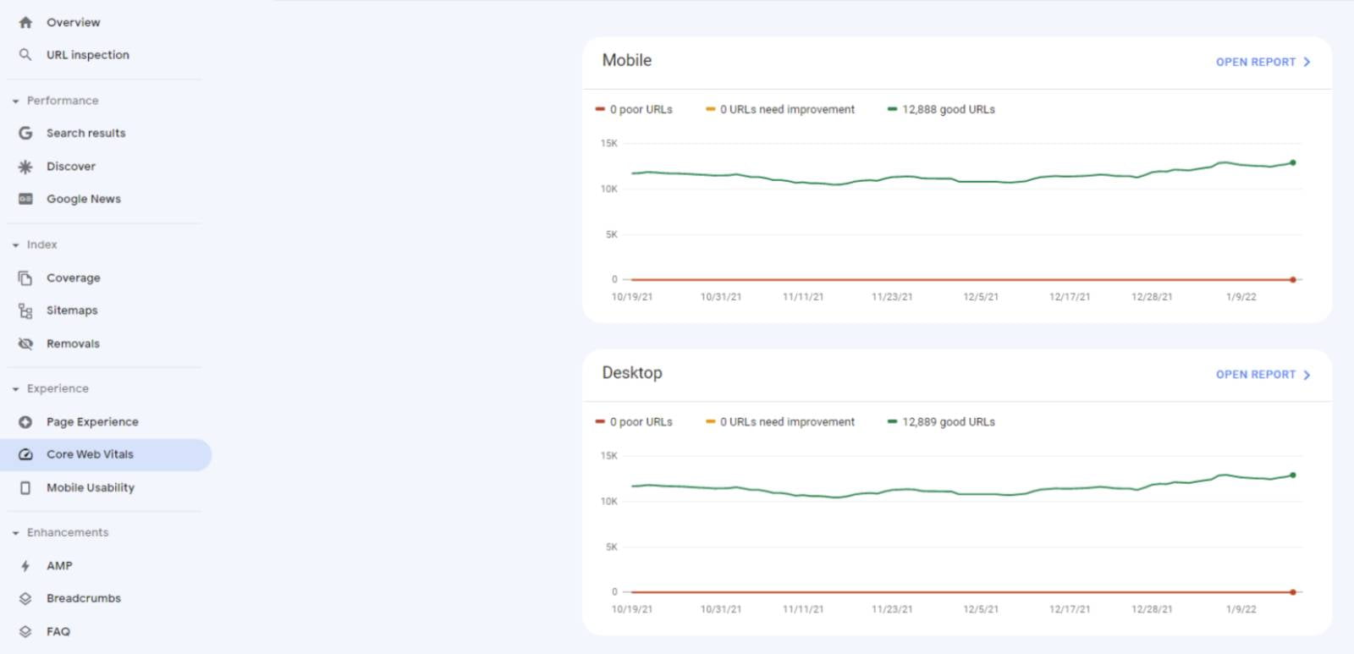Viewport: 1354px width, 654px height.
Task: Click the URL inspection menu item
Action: [87, 55]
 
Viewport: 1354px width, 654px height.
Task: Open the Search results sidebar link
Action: [85, 133]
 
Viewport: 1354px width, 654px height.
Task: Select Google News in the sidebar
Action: [83, 199]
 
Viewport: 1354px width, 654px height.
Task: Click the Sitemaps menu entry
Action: [72, 311]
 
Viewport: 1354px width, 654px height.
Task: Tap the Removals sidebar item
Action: [73, 343]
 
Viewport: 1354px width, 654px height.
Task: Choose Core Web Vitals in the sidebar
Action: [90, 454]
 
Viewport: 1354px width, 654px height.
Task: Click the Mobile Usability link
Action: [90, 487]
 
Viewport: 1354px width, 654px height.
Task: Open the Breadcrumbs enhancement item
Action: [83, 598]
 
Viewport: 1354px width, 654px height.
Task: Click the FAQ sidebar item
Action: [58, 631]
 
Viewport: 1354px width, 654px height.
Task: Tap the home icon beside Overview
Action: [25, 23]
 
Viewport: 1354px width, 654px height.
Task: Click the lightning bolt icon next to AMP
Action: [25, 566]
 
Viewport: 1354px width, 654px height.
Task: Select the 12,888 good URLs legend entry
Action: [947, 109]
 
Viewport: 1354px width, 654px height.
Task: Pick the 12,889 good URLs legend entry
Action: [947, 421]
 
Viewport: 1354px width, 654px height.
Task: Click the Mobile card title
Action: [627, 60]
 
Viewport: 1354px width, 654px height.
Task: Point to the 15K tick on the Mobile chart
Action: [609, 143]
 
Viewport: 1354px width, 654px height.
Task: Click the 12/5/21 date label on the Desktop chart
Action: [981, 609]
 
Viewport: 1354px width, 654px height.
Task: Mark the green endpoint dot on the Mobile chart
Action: [1293, 162]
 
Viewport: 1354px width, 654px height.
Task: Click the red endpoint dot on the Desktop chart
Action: [1293, 592]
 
